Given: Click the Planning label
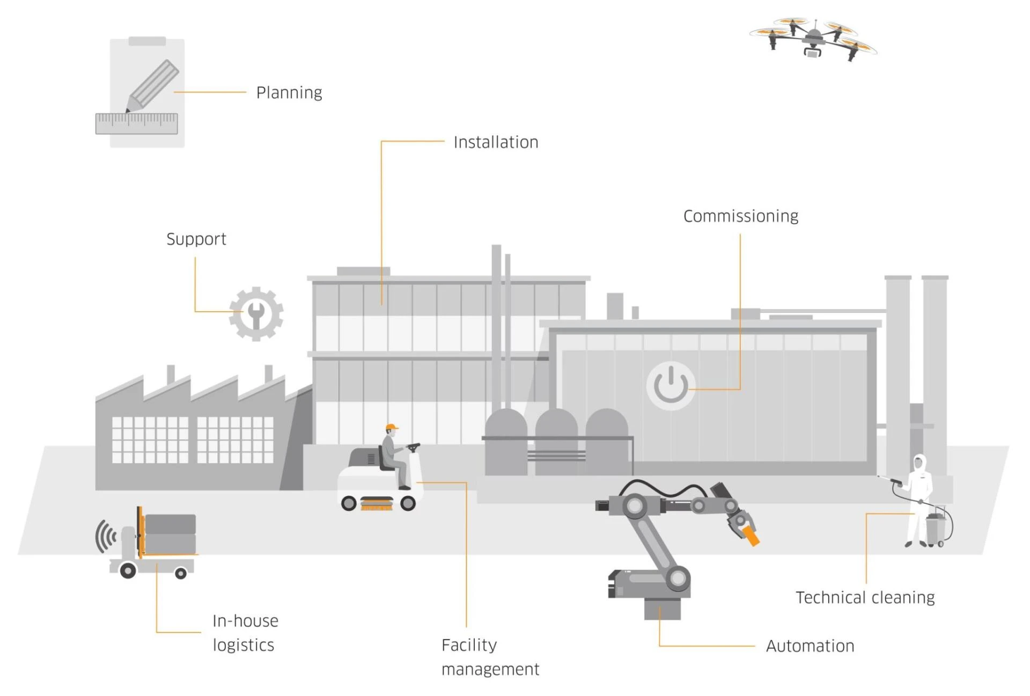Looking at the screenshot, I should pos(289,93).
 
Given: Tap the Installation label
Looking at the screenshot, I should pos(496,142).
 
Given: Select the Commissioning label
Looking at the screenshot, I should pos(740,216).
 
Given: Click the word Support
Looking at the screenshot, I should pos(196,239).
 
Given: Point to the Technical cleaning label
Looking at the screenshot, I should pos(865,597).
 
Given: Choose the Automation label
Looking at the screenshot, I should pos(810,646).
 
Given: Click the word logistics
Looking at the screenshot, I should pos(244,645).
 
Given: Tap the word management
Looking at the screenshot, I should pos(490,669).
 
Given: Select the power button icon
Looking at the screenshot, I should pos(671,385).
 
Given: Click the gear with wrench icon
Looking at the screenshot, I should pos(256,314).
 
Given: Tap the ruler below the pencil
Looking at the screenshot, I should pos(136,123).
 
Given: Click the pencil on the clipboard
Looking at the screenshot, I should pos(153,86).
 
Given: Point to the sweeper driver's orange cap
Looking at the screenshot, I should pos(392,428).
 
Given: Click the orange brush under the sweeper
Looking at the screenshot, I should pos(377,503).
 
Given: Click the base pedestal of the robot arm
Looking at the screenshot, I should pos(662,609).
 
